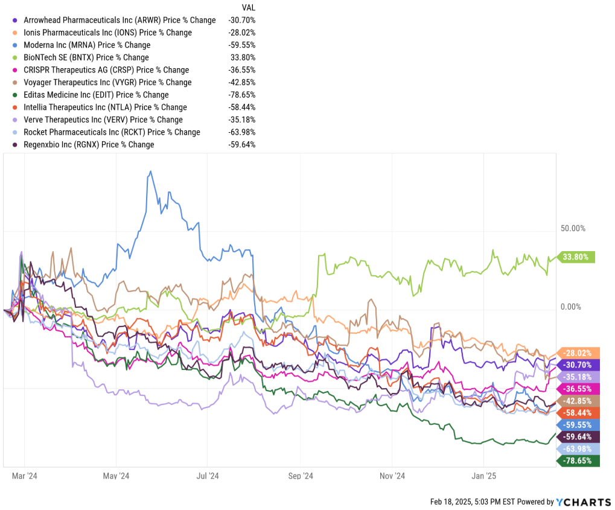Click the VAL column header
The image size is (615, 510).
[248, 8]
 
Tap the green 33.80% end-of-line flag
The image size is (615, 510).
[577, 257]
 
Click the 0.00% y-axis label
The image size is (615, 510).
[571, 307]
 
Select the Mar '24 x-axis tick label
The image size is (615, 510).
[25, 476]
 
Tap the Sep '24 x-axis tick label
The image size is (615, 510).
[301, 476]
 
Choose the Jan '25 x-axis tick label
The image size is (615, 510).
[484, 476]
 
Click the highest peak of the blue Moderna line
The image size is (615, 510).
[149, 171]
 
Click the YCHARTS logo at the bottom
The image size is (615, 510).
[583, 502]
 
